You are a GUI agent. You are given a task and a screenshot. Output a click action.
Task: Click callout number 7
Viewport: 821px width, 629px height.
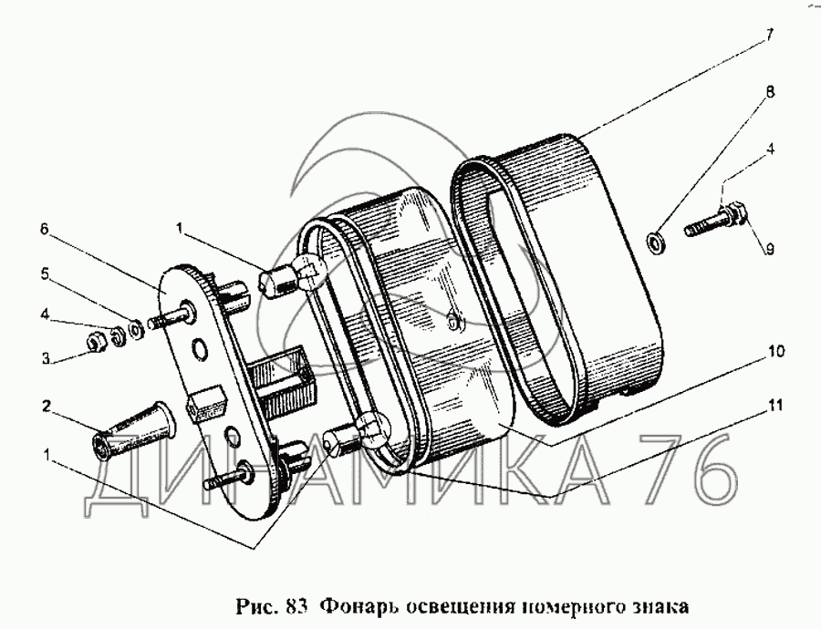pos(769,36)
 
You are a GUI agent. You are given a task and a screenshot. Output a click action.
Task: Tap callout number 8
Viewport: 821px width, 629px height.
pos(769,92)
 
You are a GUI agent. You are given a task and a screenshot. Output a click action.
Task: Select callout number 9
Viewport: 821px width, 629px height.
pos(768,250)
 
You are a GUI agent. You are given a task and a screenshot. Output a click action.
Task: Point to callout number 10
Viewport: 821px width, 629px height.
pos(776,351)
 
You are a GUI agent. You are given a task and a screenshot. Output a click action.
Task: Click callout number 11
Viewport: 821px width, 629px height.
pos(776,405)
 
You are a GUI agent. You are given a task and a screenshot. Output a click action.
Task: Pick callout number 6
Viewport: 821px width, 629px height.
pos(44,229)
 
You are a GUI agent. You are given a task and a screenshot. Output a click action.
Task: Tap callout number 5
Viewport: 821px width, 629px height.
pos(44,273)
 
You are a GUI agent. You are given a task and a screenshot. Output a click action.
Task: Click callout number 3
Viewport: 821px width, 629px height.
pos(46,358)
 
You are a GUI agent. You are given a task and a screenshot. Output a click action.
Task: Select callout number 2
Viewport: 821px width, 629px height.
pos(47,406)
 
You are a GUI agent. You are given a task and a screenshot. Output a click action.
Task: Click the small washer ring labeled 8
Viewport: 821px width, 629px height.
pos(653,242)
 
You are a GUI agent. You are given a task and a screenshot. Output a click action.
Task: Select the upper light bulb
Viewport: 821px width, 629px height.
pos(291,276)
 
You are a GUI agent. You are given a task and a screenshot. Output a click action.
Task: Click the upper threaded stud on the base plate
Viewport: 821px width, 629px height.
pos(171,316)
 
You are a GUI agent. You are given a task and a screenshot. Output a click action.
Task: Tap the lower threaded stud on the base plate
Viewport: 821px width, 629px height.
pos(228,475)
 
